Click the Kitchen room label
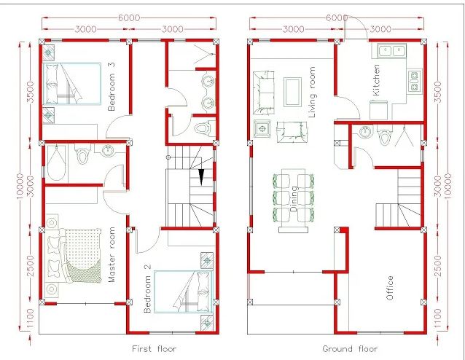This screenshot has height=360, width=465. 376,80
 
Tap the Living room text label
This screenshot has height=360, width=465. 312,92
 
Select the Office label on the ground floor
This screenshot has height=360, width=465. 390,288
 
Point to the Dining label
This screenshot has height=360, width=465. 293,199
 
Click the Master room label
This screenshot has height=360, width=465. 112,254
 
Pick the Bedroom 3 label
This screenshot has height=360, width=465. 112,87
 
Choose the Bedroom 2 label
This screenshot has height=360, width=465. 147,289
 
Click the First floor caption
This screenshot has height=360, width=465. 155,349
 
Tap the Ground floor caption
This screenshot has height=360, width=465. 350,349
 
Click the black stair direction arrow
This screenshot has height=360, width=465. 202,177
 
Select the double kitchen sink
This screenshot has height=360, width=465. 392,51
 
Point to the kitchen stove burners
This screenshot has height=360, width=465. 414,80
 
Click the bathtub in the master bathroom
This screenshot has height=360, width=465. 56,163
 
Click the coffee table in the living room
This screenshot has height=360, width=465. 293,92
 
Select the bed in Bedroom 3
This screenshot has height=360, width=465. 71,83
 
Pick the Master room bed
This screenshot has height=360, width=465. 73,257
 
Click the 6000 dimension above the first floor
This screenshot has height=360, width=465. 129,17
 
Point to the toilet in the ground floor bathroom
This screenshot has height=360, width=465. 384,136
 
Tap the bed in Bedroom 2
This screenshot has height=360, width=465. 184,291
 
